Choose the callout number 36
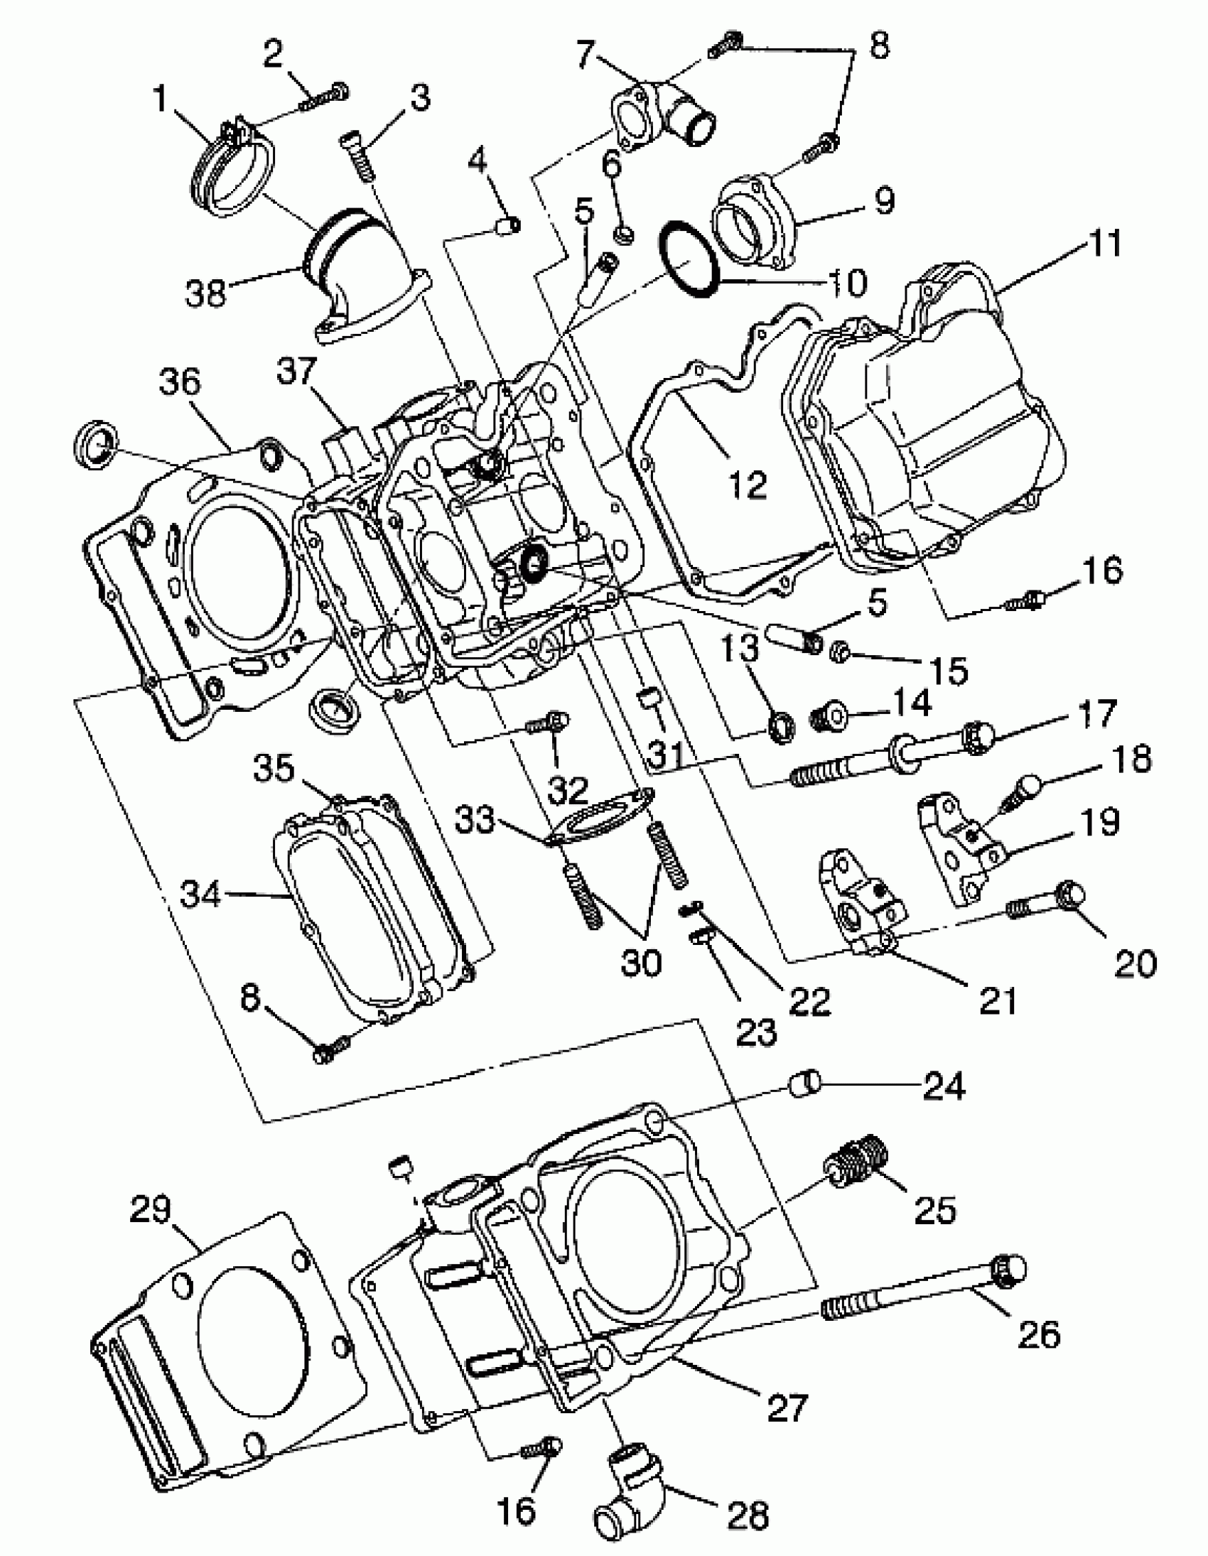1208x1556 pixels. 180,382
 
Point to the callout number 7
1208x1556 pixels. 584,53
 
